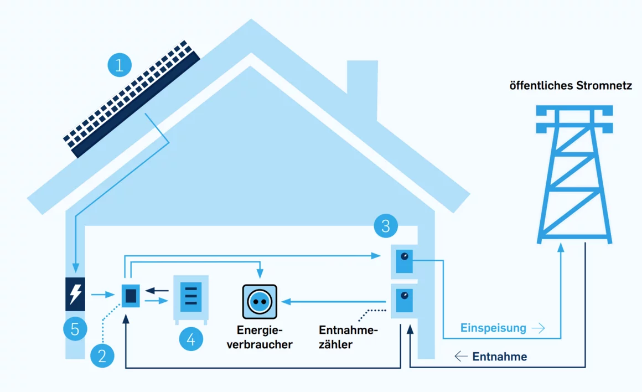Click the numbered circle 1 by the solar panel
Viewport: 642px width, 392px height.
[x=120, y=65]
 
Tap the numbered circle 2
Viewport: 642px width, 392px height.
[x=102, y=355]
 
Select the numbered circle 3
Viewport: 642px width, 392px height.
[x=386, y=225]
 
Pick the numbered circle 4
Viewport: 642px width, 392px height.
[x=191, y=338]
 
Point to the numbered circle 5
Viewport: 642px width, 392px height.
[x=75, y=329]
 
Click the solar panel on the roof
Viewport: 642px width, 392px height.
[x=132, y=99]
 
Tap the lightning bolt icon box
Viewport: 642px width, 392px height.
[x=75, y=294]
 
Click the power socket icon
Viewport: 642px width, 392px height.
[x=259, y=302]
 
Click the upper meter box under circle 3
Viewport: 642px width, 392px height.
[x=405, y=261]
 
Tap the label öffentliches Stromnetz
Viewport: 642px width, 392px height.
[x=571, y=86]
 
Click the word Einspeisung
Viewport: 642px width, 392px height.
[x=493, y=328]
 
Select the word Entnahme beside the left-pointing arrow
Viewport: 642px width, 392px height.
[x=499, y=357]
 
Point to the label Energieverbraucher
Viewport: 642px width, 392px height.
[x=263, y=337]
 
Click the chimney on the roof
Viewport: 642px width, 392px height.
[x=362, y=89]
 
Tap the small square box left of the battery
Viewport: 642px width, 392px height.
[x=131, y=296]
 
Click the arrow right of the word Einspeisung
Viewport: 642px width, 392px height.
[x=538, y=328]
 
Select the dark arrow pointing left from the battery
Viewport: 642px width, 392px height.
[x=161, y=290]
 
